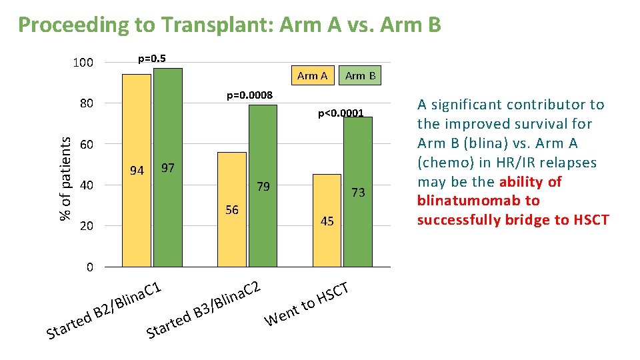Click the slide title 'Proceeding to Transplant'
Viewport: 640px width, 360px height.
click(x=229, y=25)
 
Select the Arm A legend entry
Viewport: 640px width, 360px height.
click(x=312, y=75)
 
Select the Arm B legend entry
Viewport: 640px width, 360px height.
click(x=360, y=75)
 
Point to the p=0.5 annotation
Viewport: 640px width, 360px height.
click(x=151, y=58)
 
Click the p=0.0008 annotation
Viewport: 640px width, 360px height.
click(x=249, y=95)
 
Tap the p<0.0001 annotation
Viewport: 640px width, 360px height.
click(x=341, y=113)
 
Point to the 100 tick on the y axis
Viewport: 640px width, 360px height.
click(x=83, y=63)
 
